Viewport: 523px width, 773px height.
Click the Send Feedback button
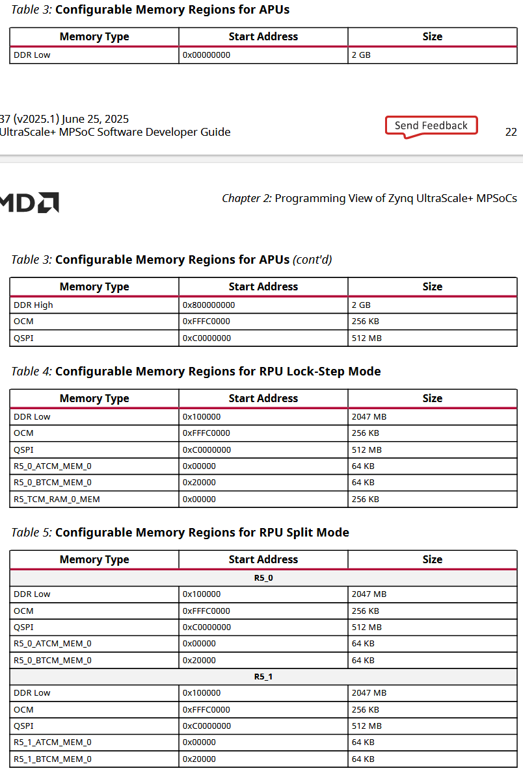[431, 125]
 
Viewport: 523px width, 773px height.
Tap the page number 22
[511, 132]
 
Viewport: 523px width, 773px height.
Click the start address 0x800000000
[208, 305]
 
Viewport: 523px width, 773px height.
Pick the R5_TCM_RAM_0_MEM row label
[57, 500]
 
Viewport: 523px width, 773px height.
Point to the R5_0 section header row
[263, 577]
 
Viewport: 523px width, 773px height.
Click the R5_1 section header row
[263, 676]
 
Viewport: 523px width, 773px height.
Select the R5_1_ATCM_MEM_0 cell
[53, 742]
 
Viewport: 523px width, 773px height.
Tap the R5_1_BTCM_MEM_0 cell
[53, 759]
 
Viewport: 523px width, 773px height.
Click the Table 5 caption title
[202, 533]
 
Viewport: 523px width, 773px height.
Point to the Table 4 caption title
[217, 372]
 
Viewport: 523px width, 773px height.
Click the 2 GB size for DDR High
[361, 305]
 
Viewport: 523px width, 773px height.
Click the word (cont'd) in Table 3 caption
[312, 260]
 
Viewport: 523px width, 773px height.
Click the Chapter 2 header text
[369, 198]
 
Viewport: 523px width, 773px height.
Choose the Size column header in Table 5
[432, 559]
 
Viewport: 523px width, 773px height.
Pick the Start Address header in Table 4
[263, 398]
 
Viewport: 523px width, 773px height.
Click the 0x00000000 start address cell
[206, 55]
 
